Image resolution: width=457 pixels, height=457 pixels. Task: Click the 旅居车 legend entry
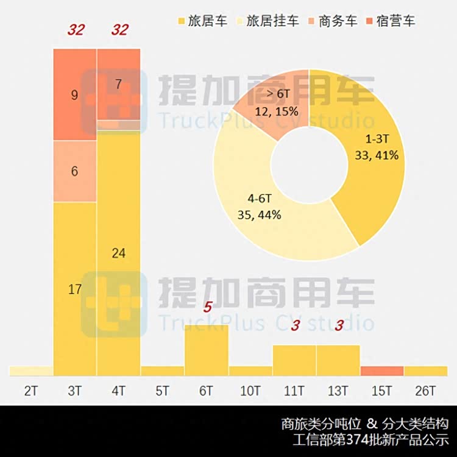200,21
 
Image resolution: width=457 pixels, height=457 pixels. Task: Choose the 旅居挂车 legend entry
269,21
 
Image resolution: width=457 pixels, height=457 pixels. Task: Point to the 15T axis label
382,391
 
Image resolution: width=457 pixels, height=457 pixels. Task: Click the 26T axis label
426,391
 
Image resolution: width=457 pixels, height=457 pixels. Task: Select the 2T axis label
30,391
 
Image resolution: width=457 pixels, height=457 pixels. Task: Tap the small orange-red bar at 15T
382,371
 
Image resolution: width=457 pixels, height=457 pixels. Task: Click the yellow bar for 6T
207,350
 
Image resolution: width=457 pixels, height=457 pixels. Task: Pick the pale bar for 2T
31,371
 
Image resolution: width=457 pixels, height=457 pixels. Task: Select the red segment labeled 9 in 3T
75,95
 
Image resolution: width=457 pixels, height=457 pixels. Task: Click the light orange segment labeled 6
75,171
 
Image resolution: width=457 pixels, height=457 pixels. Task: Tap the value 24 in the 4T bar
119,253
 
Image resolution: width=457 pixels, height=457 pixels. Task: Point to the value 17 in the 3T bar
75,290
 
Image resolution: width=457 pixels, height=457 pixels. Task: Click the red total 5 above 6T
207,307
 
